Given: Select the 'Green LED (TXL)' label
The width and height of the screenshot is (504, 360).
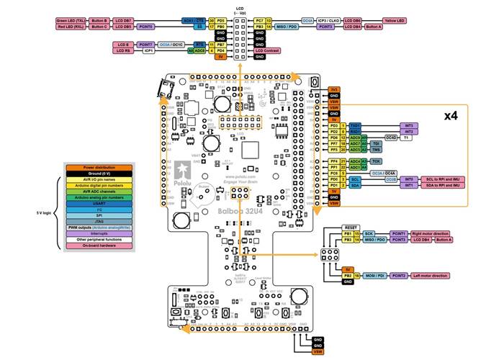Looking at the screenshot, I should pos(71,20).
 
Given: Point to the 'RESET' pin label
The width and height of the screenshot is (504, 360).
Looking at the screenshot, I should pos(351,227).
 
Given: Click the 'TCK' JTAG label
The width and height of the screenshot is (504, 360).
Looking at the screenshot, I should pos(377,161).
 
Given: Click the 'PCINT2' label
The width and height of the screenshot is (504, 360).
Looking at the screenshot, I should pos(399,276).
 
